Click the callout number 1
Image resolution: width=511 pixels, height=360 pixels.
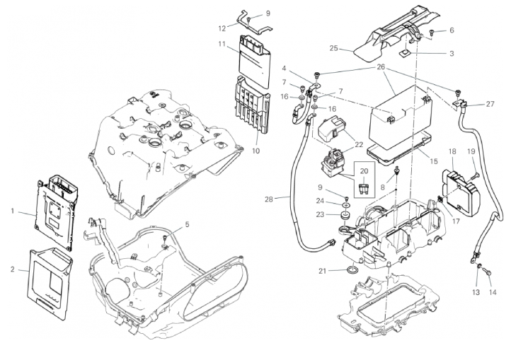[13, 211]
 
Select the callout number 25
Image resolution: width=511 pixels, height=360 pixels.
[335, 49]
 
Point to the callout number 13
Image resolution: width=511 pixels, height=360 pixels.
[476, 292]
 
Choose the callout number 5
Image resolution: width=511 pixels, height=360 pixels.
[187, 224]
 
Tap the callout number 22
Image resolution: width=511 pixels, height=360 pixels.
[359, 144]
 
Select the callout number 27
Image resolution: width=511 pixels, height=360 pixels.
[490, 105]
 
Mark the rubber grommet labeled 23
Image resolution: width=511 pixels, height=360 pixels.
[345, 214]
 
